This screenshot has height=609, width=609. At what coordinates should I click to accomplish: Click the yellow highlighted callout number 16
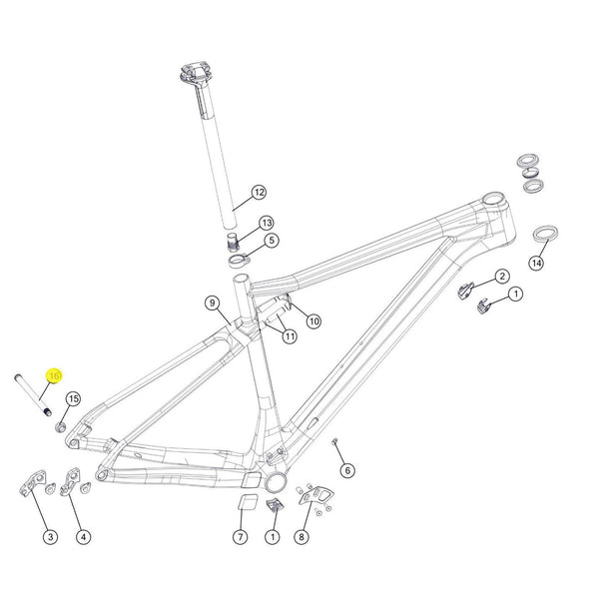click(x=55, y=375)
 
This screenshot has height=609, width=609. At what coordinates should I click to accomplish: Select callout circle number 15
click(x=73, y=399)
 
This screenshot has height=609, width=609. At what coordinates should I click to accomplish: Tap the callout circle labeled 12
click(x=259, y=192)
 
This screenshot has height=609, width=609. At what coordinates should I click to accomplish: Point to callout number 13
click(x=267, y=223)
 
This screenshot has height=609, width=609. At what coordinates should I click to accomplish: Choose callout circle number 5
click(x=271, y=241)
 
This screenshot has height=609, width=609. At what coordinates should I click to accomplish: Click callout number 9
click(x=212, y=303)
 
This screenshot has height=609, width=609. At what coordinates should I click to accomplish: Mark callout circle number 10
click(x=313, y=321)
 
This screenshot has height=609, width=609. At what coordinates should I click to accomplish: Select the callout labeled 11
click(x=290, y=337)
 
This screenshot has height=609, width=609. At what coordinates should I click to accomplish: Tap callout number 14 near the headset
click(x=536, y=264)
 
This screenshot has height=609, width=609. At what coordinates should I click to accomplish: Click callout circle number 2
click(x=502, y=276)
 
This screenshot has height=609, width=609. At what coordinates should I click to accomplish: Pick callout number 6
click(x=347, y=470)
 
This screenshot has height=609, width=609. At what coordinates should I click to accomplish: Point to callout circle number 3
click(x=50, y=537)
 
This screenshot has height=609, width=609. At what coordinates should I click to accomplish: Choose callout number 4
click(x=84, y=537)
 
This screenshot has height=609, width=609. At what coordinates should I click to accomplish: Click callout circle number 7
click(x=240, y=537)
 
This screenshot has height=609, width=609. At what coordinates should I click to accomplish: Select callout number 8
click(x=302, y=537)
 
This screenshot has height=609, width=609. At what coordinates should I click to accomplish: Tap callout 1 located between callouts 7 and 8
click(x=271, y=537)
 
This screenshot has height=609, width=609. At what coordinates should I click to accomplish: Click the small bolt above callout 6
click(x=335, y=441)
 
